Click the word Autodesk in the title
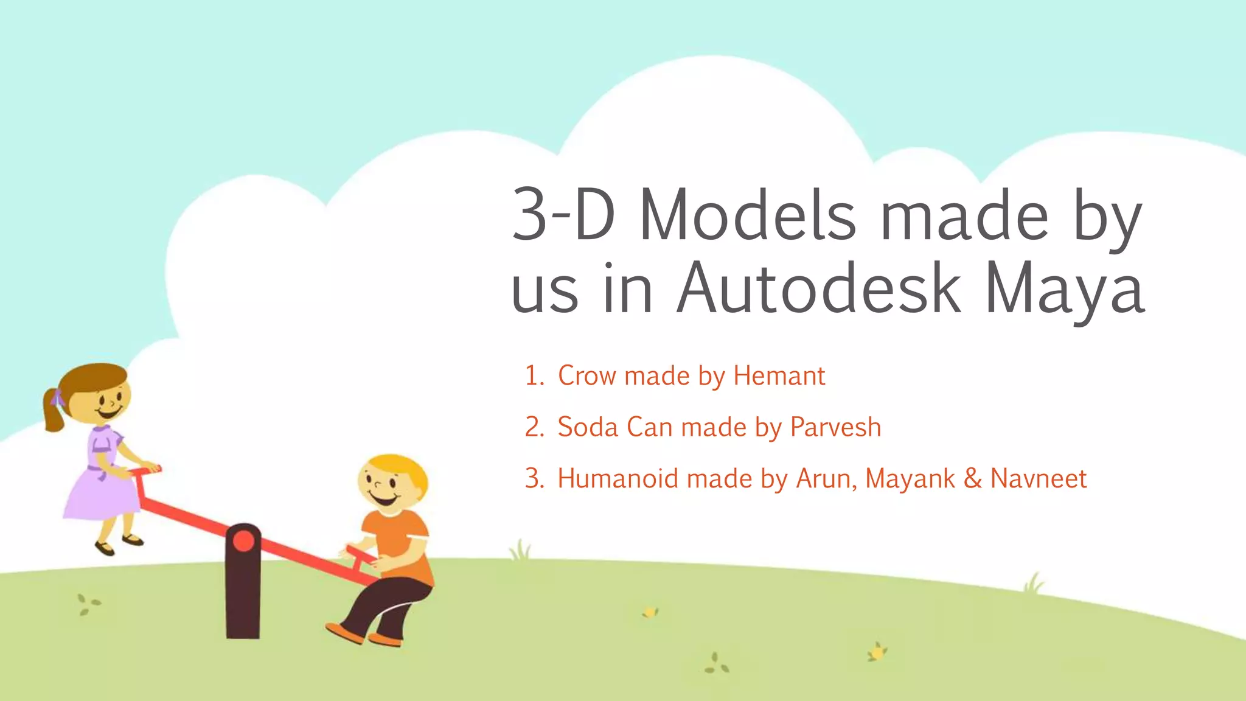(x=819, y=288)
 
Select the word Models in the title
(x=748, y=216)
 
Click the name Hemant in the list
(x=779, y=375)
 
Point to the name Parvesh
(x=835, y=427)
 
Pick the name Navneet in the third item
(x=1038, y=478)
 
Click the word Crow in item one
(x=587, y=375)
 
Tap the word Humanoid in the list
(x=618, y=478)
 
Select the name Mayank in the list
(x=910, y=479)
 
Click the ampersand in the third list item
(x=972, y=478)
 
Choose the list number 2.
(x=534, y=427)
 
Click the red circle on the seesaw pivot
(x=243, y=541)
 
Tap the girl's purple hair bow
(x=57, y=399)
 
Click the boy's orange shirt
(x=395, y=535)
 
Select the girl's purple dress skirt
(x=100, y=496)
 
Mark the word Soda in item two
(x=588, y=427)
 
